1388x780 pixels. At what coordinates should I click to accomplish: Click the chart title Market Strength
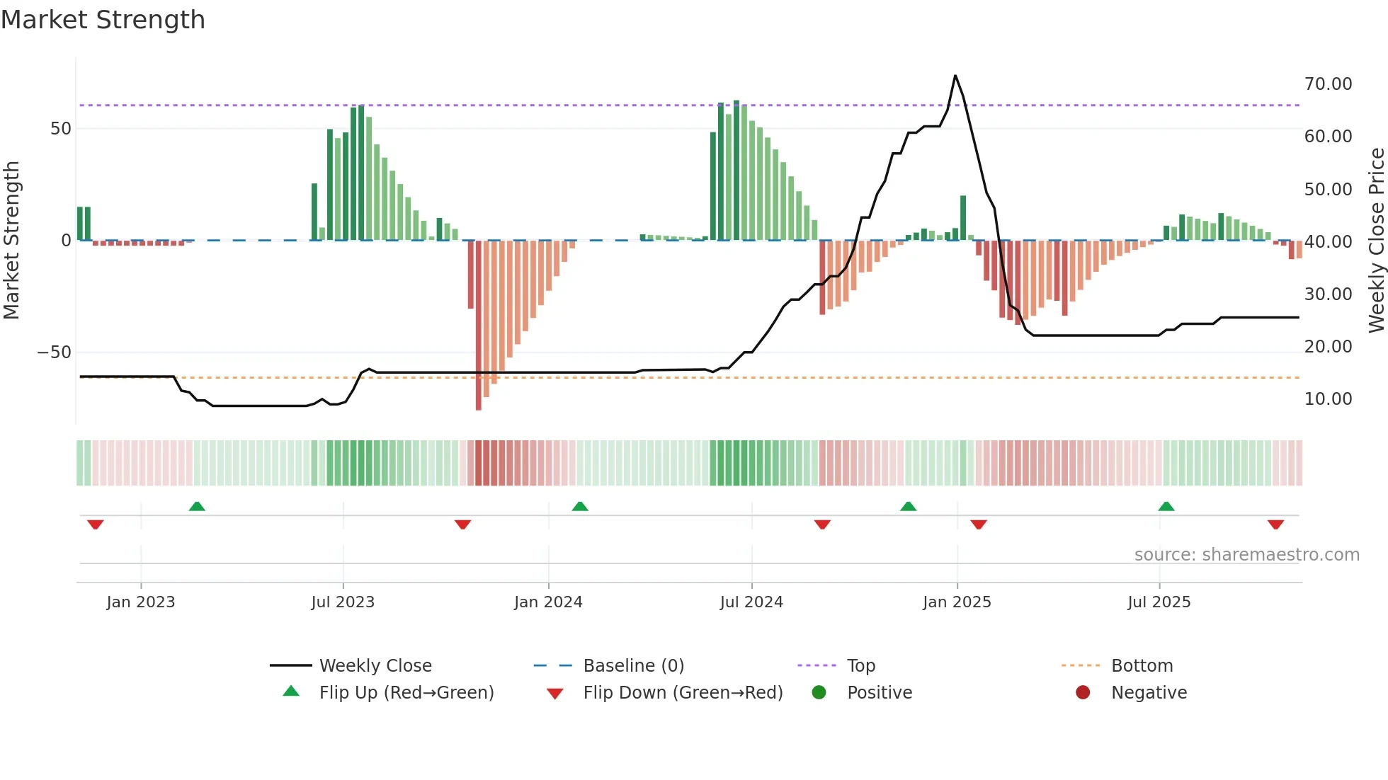[x=103, y=20]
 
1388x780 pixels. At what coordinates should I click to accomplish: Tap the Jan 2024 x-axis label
[x=548, y=602]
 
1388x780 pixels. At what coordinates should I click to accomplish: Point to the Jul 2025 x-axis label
[x=1159, y=602]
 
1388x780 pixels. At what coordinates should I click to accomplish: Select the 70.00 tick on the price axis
[x=1328, y=84]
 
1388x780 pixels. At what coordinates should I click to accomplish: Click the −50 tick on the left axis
[x=55, y=352]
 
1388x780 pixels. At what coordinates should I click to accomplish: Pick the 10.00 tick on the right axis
[x=1328, y=399]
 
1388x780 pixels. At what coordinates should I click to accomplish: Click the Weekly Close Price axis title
[x=1376, y=241]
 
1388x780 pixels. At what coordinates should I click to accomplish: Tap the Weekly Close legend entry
[x=375, y=666]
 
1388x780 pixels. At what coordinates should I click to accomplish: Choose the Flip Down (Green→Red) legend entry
[x=682, y=693]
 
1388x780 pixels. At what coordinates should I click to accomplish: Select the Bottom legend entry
[x=1142, y=666]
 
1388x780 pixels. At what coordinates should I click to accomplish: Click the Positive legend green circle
[x=819, y=693]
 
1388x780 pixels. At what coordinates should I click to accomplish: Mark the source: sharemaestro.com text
[x=1246, y=555]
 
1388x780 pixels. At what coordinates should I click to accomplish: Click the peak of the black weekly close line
[x=955, y=76]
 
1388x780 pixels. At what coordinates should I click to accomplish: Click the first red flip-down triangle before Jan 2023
[x=96, y=524]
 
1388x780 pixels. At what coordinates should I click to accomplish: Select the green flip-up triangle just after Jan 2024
[x=580, y=506]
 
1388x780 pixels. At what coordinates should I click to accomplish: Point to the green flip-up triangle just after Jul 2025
[x=1166, y=506]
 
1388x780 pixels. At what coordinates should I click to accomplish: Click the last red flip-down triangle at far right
[x=1275, y=524]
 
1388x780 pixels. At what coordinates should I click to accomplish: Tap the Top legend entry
[x=860, y=666]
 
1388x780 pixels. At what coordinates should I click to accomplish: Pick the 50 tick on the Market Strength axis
[x=61, y=129]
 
